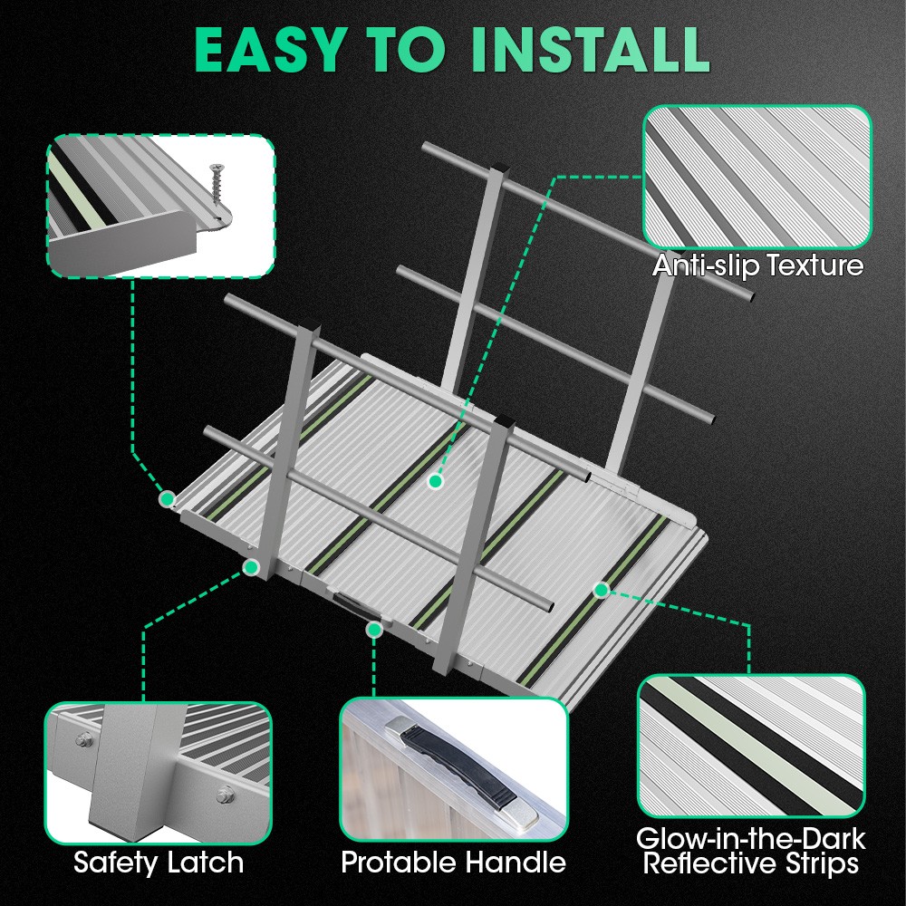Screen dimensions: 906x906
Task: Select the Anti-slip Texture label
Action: tap(757, 265)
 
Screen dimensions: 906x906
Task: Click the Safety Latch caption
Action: tap(159, 862)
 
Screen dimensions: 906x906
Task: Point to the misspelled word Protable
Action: tap(400, 862)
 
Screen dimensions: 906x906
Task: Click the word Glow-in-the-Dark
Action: tap(751, 839)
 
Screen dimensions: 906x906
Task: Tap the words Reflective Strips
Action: tap(751, 864)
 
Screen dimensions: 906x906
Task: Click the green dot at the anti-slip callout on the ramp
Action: tap(436, 482)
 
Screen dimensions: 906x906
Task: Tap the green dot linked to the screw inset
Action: tap(167, 497)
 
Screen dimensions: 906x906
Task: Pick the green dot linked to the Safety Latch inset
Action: tap(250, 566)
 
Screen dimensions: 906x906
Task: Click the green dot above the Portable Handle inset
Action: tap(373, 628)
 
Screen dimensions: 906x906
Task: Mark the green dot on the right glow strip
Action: tap(601, 590)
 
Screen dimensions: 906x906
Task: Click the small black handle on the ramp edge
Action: tap(348, 602)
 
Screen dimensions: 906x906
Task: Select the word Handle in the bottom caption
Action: tap(522, 862)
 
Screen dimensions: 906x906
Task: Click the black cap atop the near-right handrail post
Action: tap(498, 421)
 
